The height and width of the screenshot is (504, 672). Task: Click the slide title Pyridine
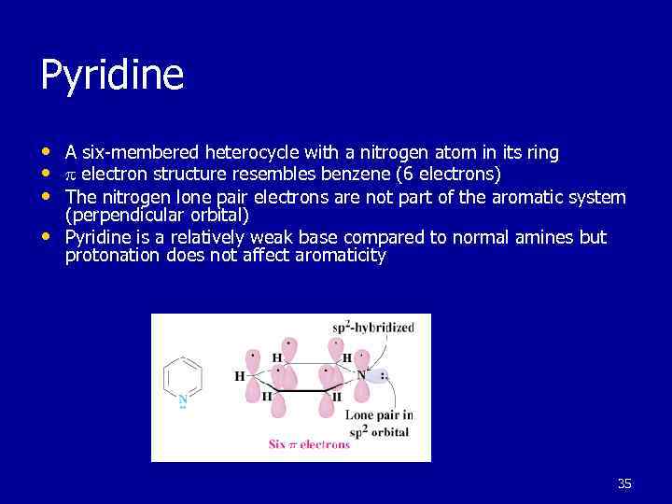[112, 75]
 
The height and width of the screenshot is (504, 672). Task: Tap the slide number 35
[624, 483]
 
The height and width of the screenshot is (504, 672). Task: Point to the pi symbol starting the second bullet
[70, 175]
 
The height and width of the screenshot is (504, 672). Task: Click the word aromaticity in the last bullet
[343, 255]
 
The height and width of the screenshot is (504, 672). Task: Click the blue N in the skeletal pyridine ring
[183, 399]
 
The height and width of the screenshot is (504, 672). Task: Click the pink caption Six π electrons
[309, 444]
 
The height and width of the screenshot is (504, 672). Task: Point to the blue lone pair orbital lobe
[375, 375]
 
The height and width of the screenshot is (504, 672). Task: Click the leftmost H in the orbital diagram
[239, 376]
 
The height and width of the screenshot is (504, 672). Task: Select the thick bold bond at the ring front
[300, 390]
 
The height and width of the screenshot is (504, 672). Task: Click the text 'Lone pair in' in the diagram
[379, 414]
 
